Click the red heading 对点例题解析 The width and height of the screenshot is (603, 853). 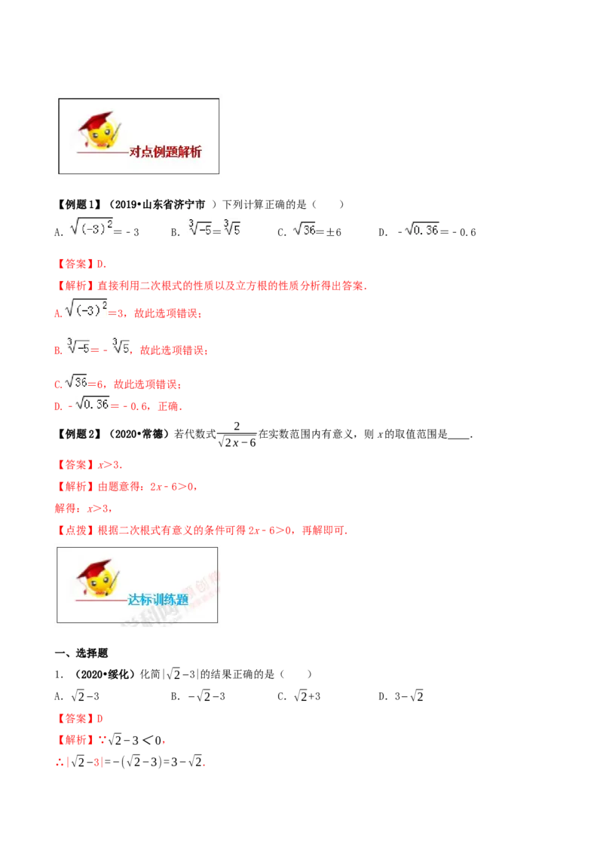tap(165, 151)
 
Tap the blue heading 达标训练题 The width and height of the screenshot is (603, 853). tap(158, 600)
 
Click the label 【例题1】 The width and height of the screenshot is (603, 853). tap(78, 204)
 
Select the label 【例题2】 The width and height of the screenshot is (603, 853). tap(78, 434)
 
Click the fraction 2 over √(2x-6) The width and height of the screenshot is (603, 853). tap(237, 435)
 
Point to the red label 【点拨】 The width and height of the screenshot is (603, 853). tap(75, 530)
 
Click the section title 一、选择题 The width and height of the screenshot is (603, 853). tap(81, 653)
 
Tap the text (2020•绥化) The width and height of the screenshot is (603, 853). tap(104, 674)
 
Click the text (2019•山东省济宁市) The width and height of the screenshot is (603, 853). tap(162, 204)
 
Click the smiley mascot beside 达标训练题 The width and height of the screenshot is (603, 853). tap(98, 578)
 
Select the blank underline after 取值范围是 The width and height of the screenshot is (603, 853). tap(459, 438)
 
